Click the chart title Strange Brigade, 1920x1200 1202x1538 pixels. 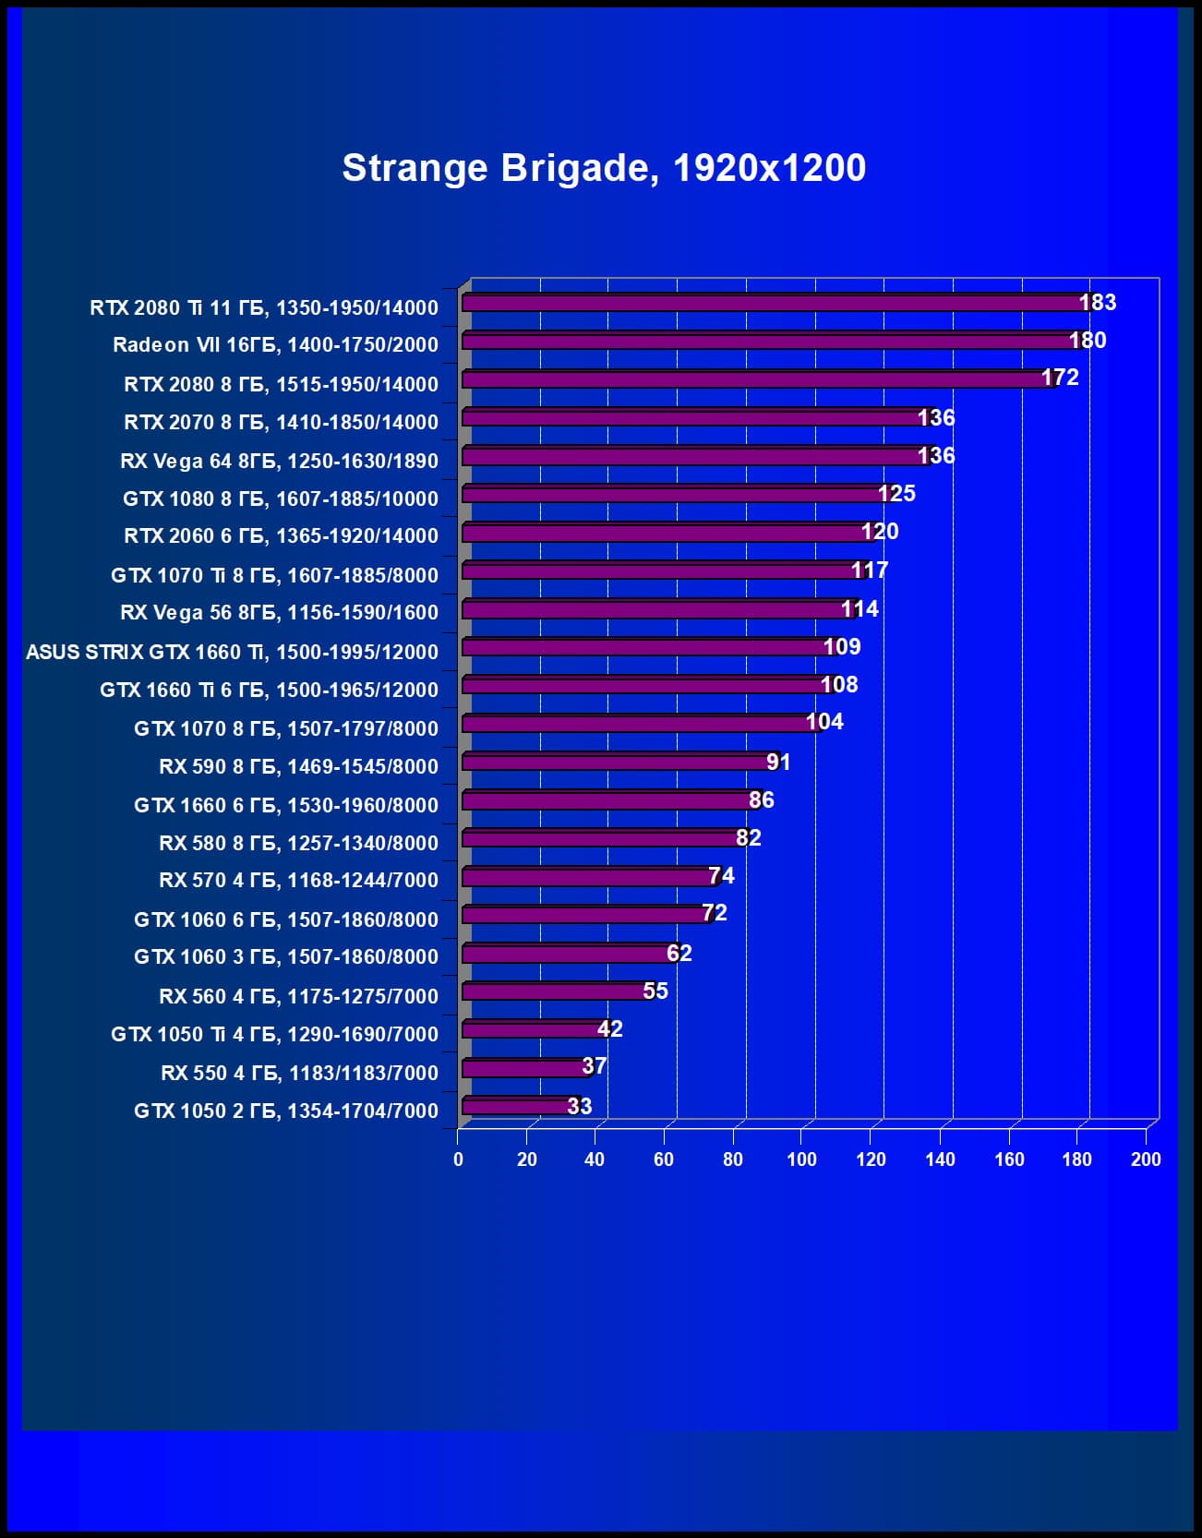click(604, 168)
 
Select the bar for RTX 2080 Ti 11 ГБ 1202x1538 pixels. click(775, 304)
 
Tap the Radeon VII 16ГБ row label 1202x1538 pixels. click(275, 345)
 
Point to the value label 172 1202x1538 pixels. click(1060, 378)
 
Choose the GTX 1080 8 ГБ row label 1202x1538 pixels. click(281, 499)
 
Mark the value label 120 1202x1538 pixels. click(880, 532)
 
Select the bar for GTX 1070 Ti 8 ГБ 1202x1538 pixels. click(660, 571)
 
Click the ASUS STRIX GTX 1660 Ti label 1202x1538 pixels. click(232, 652)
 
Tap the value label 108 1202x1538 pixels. click(839, 685)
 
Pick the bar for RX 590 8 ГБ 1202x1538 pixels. click(619, 763)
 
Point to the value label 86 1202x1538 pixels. click(762, 800)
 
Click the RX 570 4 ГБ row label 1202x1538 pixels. click(298, 881)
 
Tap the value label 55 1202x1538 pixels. click(655, 991)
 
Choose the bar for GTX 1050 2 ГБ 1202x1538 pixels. click(517, 1106)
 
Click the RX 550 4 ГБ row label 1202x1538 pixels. click(299, 1073)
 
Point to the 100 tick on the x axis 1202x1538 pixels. click(801, 1160)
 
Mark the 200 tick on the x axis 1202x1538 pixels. click(1146, 1160)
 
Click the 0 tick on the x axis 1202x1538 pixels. click(458, 1160)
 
